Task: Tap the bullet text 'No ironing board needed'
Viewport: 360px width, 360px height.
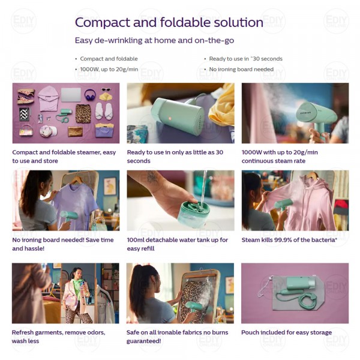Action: (241, 70)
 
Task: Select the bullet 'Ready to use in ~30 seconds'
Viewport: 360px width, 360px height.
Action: (245, 59)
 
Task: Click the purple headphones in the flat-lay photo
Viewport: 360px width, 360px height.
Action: (90, 95)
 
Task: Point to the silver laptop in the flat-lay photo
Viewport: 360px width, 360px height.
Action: (71, 95)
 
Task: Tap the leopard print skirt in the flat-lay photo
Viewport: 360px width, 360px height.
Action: (83, 113)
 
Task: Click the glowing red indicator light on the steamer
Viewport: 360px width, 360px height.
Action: (170, 118)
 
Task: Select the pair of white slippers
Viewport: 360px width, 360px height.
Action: (104, 111)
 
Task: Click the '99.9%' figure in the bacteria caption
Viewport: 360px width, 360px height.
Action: (280, 240)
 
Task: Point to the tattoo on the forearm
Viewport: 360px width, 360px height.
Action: (152, 177)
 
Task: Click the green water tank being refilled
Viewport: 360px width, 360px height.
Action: (194, 215)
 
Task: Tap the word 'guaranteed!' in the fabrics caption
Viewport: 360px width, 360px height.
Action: (144, 341)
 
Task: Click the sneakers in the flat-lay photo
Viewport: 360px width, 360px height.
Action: (26, 97)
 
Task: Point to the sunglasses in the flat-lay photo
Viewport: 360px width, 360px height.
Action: (106, 89)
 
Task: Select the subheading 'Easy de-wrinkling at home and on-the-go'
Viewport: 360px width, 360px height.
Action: (154, 40)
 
